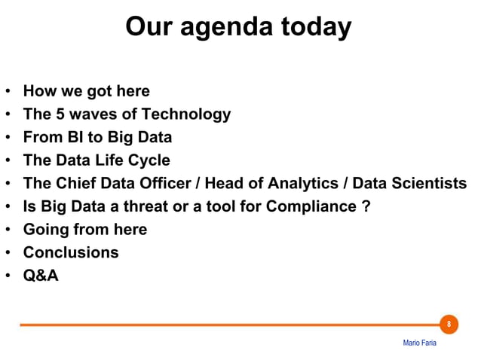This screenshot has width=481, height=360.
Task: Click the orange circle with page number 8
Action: tap(449, 325)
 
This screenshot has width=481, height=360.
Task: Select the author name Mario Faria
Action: tap(419, 343)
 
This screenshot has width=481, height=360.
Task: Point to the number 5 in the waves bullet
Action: tap(57, 114)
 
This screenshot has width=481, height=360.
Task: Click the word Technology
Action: tap(186, 114)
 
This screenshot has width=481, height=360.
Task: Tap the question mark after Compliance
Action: tap(366, 206)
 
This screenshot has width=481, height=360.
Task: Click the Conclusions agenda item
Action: tap(71, 252)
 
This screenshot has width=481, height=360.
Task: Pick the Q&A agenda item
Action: tap(41, 276)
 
